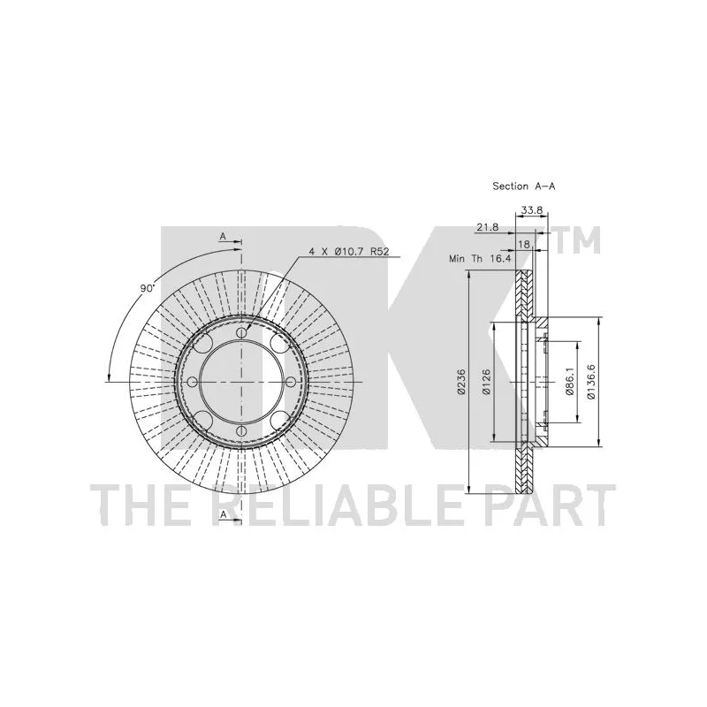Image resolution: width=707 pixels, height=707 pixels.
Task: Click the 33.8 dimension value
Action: [x=532, y=210]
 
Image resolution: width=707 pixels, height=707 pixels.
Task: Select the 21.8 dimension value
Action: [x=488, y=228]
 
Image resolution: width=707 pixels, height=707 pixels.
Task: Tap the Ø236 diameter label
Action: [x=460, y=383]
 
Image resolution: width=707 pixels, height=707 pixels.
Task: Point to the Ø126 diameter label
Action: [x=486, y=383]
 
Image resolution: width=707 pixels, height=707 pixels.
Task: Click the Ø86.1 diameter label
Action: [x=569, y=382]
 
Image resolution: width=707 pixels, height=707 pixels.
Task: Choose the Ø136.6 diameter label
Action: [x=591, y=382]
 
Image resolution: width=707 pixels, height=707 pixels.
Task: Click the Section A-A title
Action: [x=523, y=186]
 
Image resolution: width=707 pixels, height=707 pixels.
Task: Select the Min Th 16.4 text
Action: [x=481, y=259]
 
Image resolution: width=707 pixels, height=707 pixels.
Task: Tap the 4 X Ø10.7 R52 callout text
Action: [x=348, y=252]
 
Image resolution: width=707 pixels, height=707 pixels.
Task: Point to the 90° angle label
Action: [x=147, y=288]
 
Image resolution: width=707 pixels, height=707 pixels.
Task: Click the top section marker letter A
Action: [x=223, y=236]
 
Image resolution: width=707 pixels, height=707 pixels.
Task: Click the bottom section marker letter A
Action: [x=223, y=514]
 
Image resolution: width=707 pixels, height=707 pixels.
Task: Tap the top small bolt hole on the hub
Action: [x=242, y=333]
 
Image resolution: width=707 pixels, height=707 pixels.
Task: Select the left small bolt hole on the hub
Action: [x=192, y=383]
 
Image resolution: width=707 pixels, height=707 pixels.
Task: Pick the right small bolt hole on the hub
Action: [x=291, y=383]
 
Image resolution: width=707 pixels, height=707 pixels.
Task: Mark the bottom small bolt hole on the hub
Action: [x=242, y=431]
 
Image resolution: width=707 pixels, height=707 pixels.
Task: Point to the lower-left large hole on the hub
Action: [x=204, y=421]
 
